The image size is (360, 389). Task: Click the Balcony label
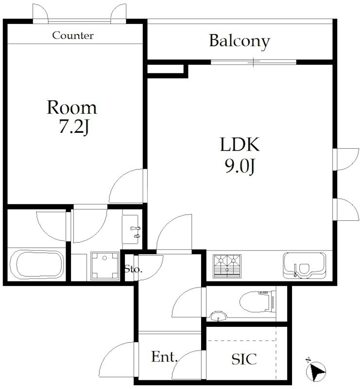239,41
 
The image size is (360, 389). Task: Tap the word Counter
73,35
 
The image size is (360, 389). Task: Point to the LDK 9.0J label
240,155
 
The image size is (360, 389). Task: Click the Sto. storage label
133,269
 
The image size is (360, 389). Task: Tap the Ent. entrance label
164,357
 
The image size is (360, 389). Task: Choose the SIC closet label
244,359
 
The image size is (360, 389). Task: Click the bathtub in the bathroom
36,265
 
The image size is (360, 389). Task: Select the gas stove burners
227,266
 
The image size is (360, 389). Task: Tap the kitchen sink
304,266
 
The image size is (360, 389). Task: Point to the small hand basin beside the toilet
218,317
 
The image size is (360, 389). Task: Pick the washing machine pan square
104,265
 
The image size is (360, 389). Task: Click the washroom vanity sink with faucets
131,230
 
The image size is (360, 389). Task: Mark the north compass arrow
316,370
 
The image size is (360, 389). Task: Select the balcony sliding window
254,62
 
